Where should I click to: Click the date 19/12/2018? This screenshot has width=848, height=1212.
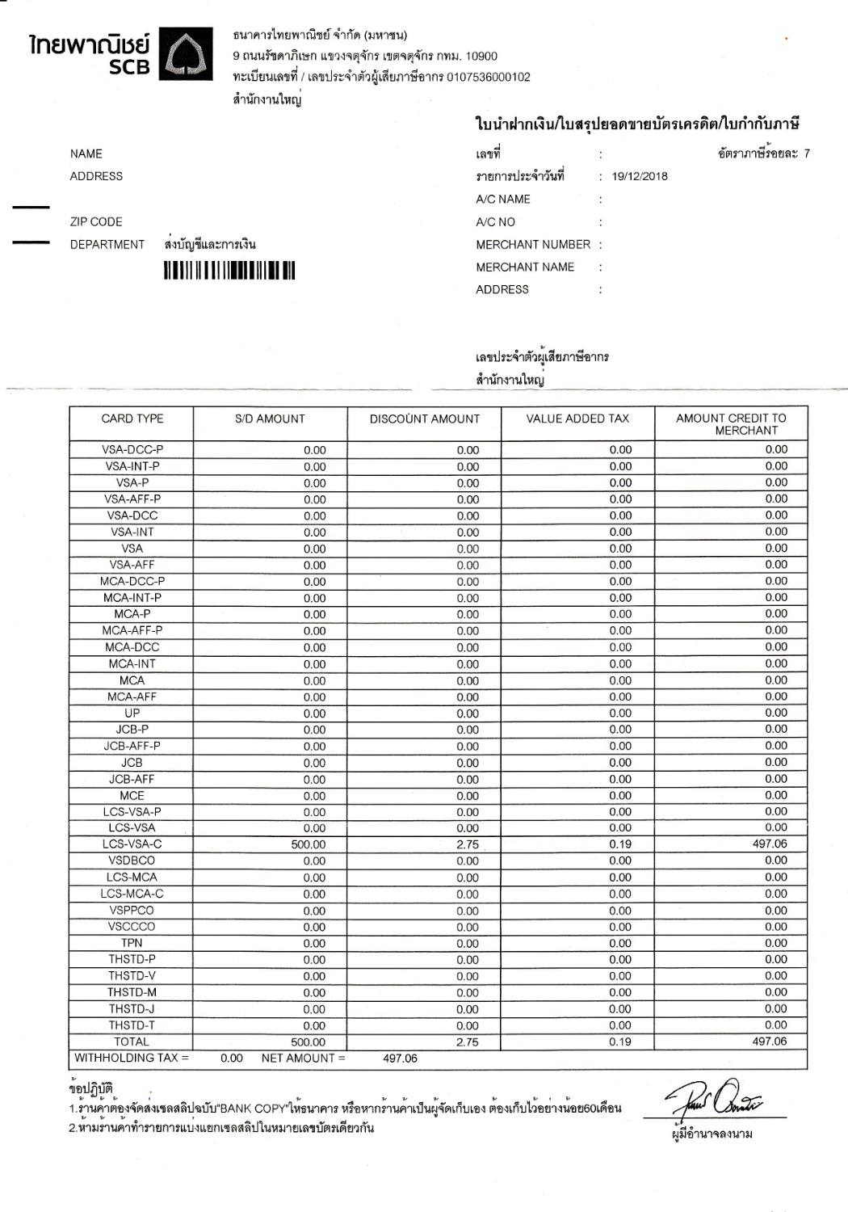coord(640,177)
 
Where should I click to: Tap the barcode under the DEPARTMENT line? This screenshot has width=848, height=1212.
coord(229,271)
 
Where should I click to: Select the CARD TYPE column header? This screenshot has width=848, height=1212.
coord(132,419)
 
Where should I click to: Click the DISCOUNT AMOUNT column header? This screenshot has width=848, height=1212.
coord(424,419)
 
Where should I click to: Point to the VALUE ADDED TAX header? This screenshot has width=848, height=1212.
coord(577,419)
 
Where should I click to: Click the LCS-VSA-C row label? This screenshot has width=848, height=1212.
coord(132,844)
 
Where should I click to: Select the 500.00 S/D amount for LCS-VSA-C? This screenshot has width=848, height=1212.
coord(309,845)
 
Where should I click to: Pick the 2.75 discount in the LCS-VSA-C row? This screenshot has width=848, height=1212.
coord(467,845)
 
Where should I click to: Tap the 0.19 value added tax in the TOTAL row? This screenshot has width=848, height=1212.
coord(620,1042)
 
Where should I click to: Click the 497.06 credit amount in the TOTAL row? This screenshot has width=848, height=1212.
coord(769,1042)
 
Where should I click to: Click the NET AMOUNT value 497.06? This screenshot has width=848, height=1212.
coord(400,1058)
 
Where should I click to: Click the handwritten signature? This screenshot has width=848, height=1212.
coord(715,1099)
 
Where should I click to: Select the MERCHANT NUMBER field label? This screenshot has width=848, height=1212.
coord(533,245)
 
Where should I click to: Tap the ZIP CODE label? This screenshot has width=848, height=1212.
coord(96,222)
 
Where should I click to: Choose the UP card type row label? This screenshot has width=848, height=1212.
coord(132,713)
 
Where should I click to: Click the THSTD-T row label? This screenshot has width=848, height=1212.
coord(132,1025)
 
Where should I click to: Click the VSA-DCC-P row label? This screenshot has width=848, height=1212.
coord(132,450)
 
